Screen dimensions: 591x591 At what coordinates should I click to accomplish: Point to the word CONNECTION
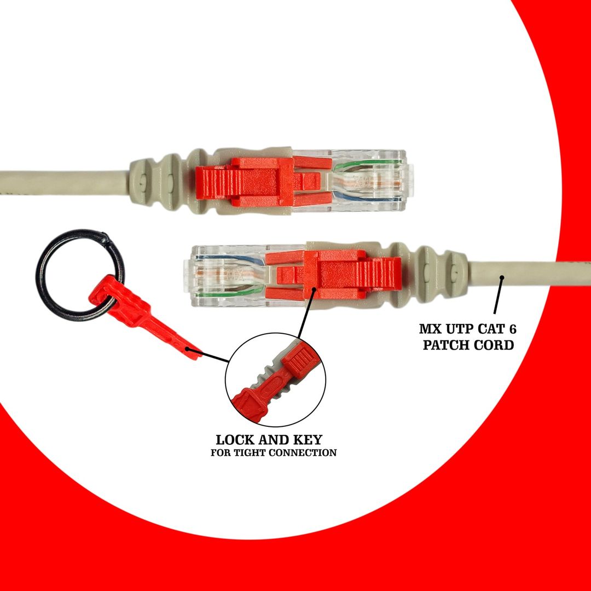click(x=306, y=453)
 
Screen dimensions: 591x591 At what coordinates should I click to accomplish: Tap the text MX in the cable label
click(x=430, y=329)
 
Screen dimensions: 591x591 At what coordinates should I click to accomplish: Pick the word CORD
click(x=494, y=345)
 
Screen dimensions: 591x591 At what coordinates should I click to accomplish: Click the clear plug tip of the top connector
click(x=378, y=181)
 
